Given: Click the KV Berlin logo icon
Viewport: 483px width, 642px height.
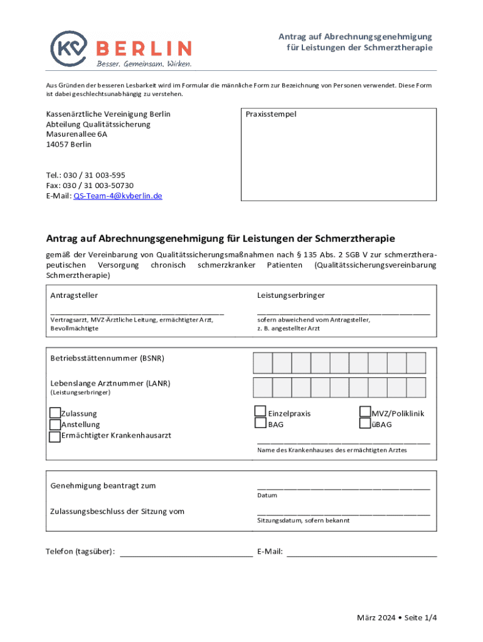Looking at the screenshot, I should coord(71,48).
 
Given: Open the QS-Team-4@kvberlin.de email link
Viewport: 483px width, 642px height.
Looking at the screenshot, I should coord(118,196).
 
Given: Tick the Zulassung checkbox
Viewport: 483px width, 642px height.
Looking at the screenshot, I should coord(55,413).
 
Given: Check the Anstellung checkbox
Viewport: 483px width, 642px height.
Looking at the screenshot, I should coord(55,424).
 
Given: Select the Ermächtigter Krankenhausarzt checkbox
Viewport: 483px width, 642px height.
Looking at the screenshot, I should coord(55,436).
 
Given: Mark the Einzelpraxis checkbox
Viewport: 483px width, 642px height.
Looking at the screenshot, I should coord(260,411).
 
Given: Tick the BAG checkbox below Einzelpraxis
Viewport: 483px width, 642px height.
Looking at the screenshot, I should coord(260,423).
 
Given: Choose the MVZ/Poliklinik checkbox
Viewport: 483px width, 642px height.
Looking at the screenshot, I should coord(364,412).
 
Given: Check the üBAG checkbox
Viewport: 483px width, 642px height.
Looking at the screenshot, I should coord(364,424).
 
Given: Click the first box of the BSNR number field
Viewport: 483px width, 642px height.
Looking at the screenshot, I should coord(263,363).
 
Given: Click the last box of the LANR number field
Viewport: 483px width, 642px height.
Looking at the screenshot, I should coord(417,387).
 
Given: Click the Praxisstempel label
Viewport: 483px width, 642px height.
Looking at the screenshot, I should coord(271,115).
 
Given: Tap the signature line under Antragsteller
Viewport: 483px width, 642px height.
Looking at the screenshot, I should coord(137,312).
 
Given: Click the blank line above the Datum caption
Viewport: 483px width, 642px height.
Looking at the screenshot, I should coord(343,487).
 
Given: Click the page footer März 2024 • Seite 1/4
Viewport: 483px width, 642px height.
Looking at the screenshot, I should coord(396,618).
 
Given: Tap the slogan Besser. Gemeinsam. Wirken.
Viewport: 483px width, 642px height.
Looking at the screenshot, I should coord(144,64).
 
